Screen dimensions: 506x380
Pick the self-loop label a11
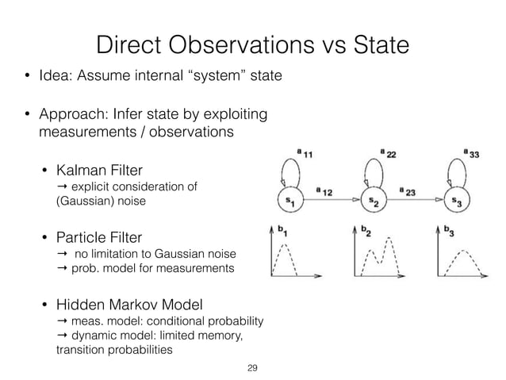coord(302,153)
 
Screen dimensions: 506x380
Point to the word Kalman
coord(82,169)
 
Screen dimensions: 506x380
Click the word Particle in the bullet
coord(83,237)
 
